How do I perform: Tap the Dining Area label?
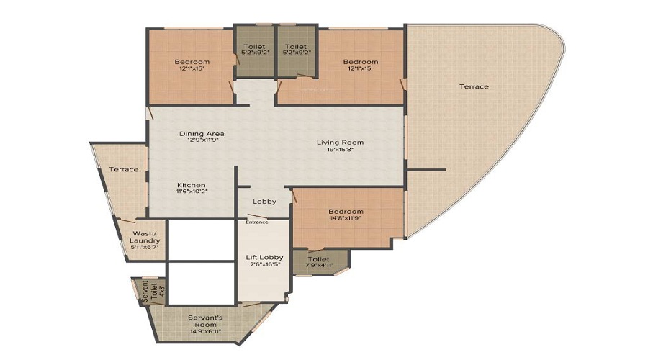[x=202, y=133]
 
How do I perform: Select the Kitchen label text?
[x=191, y=185]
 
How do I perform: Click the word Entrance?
[x=257, y=222]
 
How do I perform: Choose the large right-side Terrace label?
[x=474, y=86]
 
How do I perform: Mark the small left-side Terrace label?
[x=123, y=169]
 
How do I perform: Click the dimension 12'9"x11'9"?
[x=202, y=140]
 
